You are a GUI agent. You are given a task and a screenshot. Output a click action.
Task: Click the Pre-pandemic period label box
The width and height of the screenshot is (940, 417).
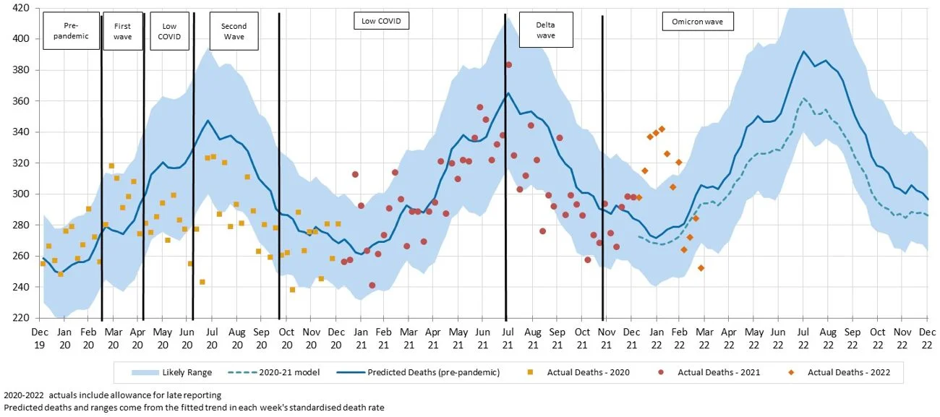click(71, 31)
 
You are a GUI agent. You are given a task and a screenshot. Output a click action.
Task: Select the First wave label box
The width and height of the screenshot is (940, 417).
click(123, 31)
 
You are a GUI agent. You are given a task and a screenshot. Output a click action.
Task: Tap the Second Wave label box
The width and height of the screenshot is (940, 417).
click(234, 31)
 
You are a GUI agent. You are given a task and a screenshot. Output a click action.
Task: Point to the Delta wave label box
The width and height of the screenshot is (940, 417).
click(546, 30)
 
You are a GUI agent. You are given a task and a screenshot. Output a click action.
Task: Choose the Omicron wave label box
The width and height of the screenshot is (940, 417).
click(698, 22)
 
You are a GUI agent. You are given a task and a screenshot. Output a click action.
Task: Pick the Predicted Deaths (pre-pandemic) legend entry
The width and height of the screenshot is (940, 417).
click(427, 373)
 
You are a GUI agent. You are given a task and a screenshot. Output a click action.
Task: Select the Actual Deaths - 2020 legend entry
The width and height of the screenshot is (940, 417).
click(578, 373)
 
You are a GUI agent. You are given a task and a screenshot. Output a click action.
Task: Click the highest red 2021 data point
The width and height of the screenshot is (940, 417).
click(508, 65)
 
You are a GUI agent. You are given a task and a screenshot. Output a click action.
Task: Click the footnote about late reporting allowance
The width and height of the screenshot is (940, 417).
click(112, 395)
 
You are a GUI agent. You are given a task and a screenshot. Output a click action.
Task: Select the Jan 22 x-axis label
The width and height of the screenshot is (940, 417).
click(657, 337)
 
